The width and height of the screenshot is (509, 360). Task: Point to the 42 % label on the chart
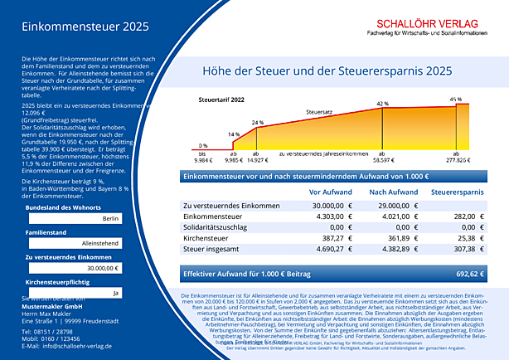[382, 104]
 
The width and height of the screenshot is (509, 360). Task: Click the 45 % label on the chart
[455, 99]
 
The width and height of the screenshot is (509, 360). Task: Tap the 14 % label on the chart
[234, 134]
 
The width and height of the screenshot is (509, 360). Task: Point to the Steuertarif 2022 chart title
[222, 99]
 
